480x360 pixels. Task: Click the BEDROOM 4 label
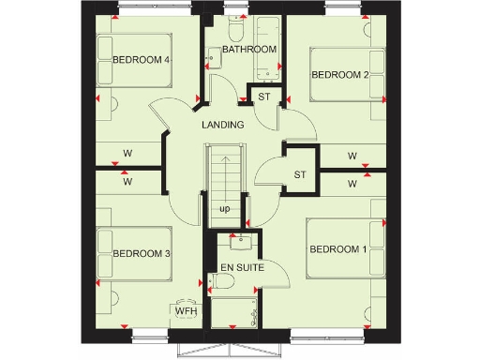[141, 60]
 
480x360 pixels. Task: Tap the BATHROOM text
[248, 49]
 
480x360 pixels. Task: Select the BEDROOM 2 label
[339, 74]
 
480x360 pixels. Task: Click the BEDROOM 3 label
[141, 253]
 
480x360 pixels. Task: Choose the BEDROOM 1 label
[339, 248]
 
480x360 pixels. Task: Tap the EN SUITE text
[242, 269]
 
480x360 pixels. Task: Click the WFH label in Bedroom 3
[184, 310]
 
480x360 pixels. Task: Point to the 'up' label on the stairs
[225, 208]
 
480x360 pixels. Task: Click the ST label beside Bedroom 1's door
[300, 174]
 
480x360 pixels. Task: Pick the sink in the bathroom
[213, 58]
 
